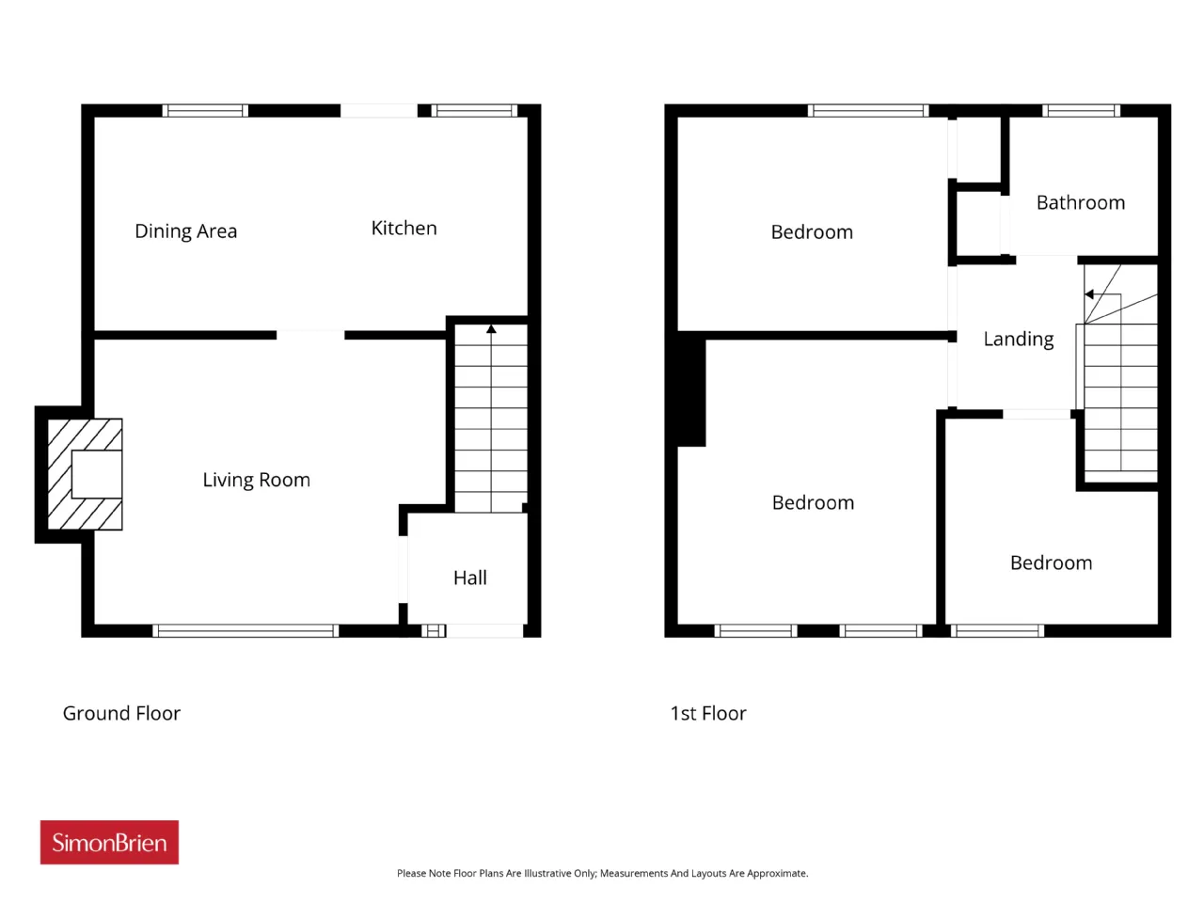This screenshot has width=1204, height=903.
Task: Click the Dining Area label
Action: click(186, 231)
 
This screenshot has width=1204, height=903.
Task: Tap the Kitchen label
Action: click(404, 228)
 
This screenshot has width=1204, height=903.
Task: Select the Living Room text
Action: click(256, 481)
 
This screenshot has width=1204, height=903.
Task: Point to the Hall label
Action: click(470, 578)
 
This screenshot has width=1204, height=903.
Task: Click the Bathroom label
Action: click(1081, 203)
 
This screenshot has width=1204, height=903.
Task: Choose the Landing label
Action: click(1019, 340)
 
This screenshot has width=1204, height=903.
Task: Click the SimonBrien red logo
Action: click(109, 842)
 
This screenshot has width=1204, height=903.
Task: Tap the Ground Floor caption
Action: click(121, 713)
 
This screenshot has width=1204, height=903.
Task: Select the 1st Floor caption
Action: click(708, 713)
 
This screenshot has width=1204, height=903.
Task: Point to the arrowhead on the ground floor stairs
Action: click(491, 329)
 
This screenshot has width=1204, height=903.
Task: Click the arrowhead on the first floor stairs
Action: click(1089, 294)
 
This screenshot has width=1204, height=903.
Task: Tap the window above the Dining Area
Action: click(205, 111)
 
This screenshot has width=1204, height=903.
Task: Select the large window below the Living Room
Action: click(246, 631)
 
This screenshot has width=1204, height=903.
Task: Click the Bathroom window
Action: click(1081, 111)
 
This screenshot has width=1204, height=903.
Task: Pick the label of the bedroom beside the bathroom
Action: click(812, 232)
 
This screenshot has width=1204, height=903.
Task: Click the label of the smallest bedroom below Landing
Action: click(1051, 563)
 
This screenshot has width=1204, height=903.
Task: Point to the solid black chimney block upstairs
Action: click(691, 392)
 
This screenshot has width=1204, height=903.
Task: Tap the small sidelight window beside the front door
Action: click(434, 631)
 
